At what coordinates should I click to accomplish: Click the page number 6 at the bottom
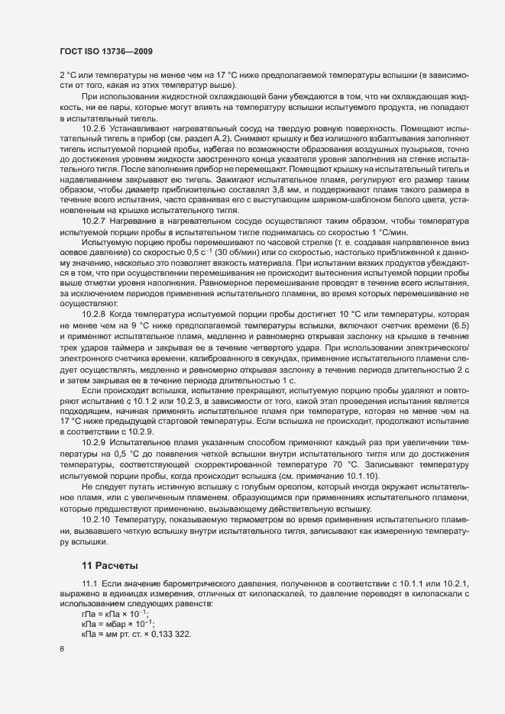(x=62, y=649)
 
